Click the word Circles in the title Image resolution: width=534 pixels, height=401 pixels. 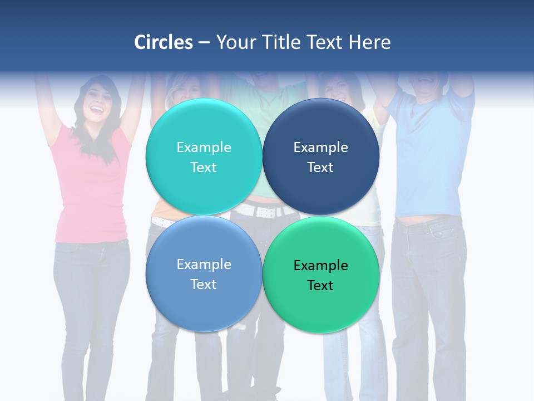click(x=164, y=42)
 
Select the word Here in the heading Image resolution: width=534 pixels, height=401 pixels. click(x=369, y=42)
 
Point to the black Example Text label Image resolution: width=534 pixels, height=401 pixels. click(x=320, y=275)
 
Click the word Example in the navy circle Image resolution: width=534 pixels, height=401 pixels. click(x=320, y=148)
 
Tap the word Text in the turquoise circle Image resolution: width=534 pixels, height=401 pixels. click(x=204, y=168)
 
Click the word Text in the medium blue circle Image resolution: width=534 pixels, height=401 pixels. click(x=204, y=285)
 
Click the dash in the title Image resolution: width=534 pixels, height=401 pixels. click(x=204, y=43)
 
